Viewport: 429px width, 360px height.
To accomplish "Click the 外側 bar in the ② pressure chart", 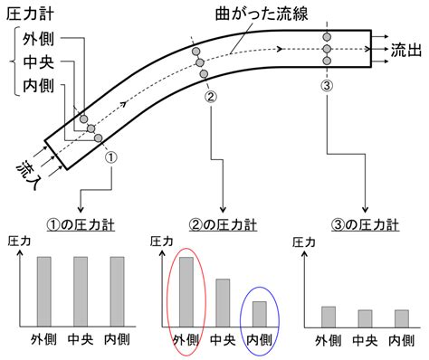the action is pyautogui.click(x=186, y=292).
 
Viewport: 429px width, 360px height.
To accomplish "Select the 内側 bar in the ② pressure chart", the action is pyautogui.click(x=260, y=314).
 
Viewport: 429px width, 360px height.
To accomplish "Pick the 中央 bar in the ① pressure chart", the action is pyautogui.click(x=81, y=291).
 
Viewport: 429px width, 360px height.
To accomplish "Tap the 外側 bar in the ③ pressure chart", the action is pyautogui.click(x=329, y=317).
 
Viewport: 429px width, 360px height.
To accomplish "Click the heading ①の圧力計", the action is pyautogui.click(x=81, y=225).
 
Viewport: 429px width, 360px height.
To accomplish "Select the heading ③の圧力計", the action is pyautogui.click(x=365, y=225).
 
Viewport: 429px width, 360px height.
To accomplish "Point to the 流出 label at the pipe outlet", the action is pyautogui.click(x=406, y=50).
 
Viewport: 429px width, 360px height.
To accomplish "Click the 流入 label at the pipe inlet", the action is pyautogui.click(x=28, y=175).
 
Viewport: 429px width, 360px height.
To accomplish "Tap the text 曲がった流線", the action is pyautogui.click(x=262, y=14).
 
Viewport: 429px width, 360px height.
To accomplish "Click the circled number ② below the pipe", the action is pyautogui.click(x=211, y=97).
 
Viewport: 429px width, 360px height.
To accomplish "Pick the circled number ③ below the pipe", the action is pyautogui.click(x=327, y=86).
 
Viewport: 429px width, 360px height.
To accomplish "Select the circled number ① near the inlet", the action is pyautogui.click(x=111, y=157).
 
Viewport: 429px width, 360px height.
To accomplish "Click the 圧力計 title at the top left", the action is pyautogui.click(x=30, y=14).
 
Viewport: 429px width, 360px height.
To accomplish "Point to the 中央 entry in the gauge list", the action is pyautogui.click(x=39, y=62).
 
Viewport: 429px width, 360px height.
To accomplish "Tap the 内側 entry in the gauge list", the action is pyautogui.click(x=39, y=86).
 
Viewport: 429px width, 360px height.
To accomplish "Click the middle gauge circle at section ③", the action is pyautogui.click(x=327, y=49).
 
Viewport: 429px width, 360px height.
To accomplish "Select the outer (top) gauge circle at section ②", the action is pyautogui.click(x=195, y=52).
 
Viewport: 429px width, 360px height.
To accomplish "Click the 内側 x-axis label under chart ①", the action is pyautogui.click(x=117, y=339).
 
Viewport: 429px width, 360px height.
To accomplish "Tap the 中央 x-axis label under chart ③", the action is pyautogui.click(x=365, y=341).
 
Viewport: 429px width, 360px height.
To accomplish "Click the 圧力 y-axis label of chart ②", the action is pyautogui.click(x=162, y=242).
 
